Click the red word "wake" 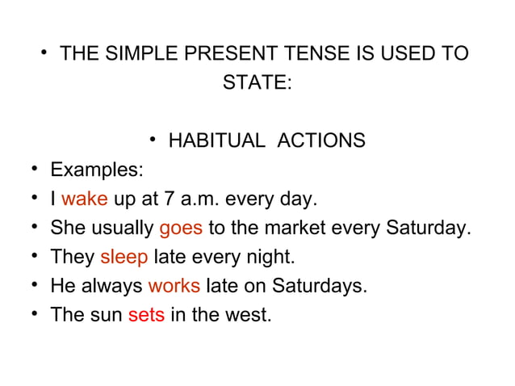pyautogui.click(x=84, y=199)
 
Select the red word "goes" pyautogui.click(x=181, y=229)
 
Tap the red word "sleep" pyautogui.click(x=124, y=258)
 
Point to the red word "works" pyautogui.click(x=174, y=286)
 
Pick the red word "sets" pyautogui.click(x=146, y=315)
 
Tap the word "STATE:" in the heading pyautogui.click(x=257, y=84)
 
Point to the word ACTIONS pyautogui.click(x=320, y=141)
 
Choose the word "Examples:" pyautogui.click(x=98, y=170)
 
